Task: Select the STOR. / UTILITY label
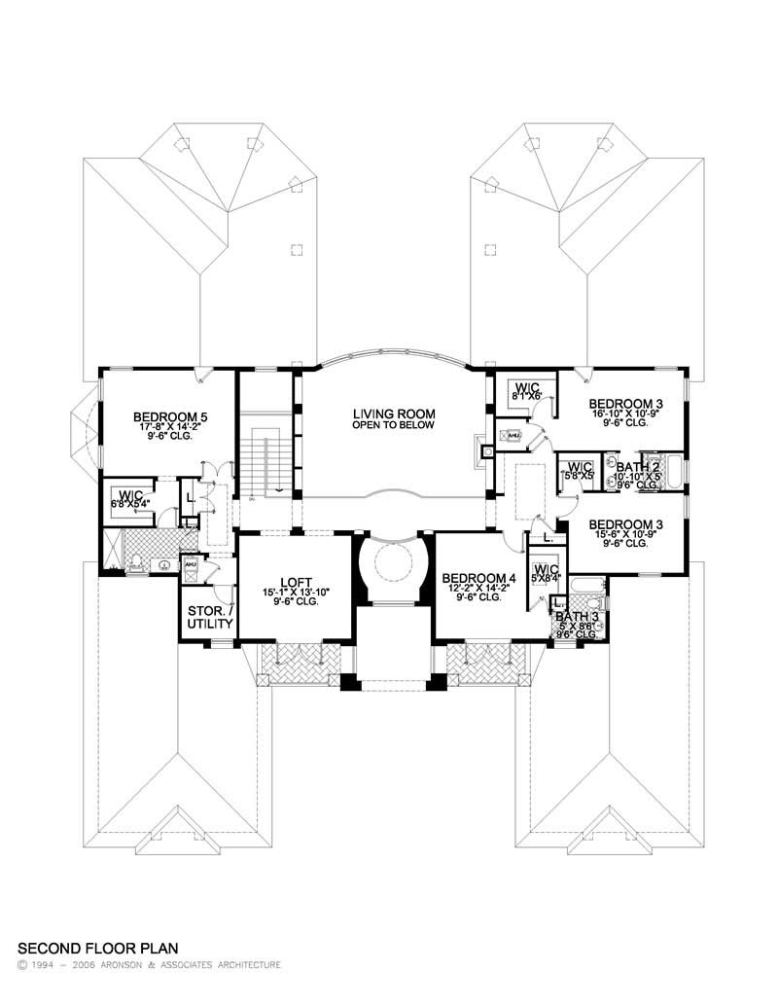(x=207, y=617)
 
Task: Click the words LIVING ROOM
(x=393, y=414)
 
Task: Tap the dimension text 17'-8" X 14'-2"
(x=170, y=427)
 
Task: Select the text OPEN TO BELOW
(x=393, y=425)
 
